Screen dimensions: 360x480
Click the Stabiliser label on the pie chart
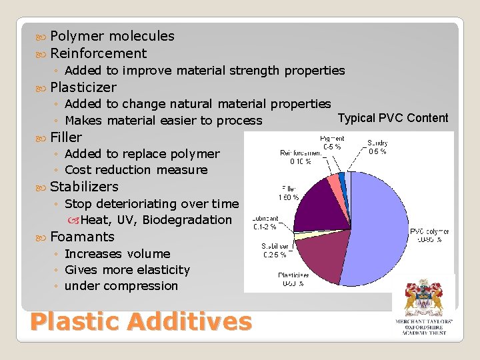(273, 249)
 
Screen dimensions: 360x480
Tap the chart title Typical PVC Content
(393, 118)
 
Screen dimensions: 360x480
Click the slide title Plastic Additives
(141, 321)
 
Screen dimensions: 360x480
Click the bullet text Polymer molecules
(112, 36)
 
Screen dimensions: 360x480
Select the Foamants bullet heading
(82, 237)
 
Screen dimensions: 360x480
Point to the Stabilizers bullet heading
(84, 187)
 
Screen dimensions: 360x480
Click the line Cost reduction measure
(136, 170)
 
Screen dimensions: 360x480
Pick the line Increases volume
(117, 254)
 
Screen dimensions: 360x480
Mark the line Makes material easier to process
(163, 121)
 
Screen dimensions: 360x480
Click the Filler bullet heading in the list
(66, 137)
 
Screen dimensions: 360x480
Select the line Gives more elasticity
(127, 270)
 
